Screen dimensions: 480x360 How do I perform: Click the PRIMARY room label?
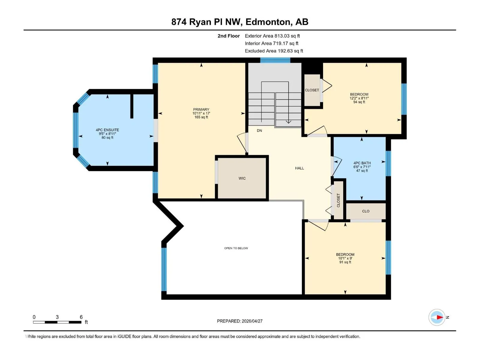click(201, 109)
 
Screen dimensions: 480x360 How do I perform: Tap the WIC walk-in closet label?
click(242, 178)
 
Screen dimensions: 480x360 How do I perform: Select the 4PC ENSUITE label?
click(107, 130)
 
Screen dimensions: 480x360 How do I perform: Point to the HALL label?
click(299, 168)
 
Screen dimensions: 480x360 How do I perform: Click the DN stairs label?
click(259, 130)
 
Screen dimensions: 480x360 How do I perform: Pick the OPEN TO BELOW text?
click(236, 248)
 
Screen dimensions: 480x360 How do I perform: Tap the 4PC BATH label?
click(362, 163)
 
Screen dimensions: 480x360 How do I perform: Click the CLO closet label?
click(366, 211)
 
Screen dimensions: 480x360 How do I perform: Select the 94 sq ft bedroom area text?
click(359, 102)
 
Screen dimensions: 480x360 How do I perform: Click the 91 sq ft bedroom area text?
click(345, 262)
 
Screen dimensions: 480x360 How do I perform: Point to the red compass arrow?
click(440, 317)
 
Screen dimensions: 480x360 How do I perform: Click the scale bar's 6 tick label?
click(81, 317)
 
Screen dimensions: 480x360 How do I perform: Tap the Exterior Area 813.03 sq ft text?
click(272, 36)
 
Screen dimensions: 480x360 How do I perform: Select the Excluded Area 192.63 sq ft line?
click(274, 51)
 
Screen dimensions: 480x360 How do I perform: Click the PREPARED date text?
click(240, 321)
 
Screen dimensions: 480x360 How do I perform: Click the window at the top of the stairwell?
click(275, 60)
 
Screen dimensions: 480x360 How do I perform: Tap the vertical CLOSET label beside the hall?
click(338, 200)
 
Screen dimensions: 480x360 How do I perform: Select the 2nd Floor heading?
click(229, 36)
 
